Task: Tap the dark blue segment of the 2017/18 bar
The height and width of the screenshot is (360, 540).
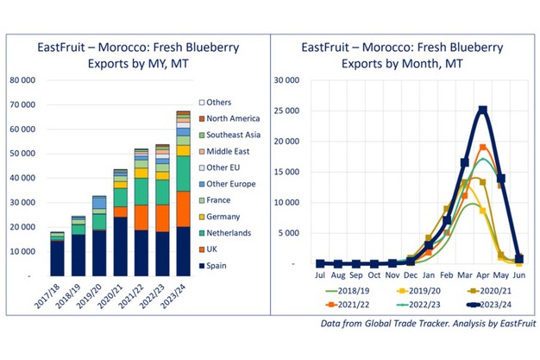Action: (57, 257)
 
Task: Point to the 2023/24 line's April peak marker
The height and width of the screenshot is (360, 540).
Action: (483, 111)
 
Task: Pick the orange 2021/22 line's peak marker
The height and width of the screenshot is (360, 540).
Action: (483, 147)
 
